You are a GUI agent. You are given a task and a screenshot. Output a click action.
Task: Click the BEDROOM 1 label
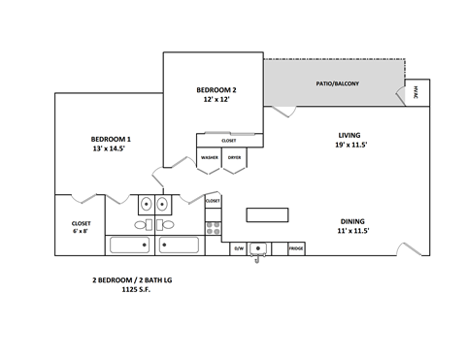point(111,139)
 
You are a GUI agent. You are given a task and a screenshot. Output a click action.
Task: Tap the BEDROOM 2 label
point(216,90)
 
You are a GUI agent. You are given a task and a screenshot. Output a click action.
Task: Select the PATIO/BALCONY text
point(337,83)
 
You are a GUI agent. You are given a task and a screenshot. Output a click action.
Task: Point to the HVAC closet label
point(416,93)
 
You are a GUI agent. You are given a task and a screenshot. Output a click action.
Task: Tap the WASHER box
point(209,157)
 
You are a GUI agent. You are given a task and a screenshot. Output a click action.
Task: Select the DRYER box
point(234,157)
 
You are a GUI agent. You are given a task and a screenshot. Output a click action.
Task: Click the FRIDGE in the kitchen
point(296,249)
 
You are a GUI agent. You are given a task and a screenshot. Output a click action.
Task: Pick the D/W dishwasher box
point(238,249)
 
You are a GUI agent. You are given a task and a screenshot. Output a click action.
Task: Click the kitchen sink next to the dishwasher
point(258,249)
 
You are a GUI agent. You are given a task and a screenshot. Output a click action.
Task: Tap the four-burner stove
point(213,231)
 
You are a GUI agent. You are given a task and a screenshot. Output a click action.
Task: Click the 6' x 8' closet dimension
point(81,231)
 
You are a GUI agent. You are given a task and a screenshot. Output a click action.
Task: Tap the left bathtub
point(129,246)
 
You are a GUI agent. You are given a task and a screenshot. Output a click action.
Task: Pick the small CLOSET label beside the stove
point(213,201)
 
